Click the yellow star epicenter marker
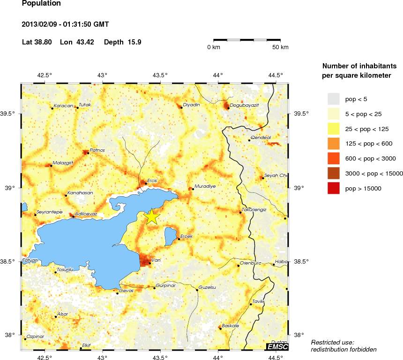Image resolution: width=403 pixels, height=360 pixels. click(x=152, y=216)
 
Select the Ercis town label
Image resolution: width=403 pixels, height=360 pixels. click(x=152, y=180)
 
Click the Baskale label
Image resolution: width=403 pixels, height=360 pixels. click(x=231, y=325)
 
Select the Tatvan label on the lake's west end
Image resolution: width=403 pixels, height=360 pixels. click(x=30, y=260)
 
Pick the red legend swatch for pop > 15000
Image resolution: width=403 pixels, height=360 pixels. click(x=333, y=188)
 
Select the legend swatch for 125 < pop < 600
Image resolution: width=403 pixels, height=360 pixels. click(x=333, y=144)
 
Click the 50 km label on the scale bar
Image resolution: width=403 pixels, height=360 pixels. click(x=281, y=47)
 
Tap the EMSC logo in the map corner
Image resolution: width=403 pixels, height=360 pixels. click(x=277, y=346)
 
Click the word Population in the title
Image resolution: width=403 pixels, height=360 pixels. click(x=41, y=3)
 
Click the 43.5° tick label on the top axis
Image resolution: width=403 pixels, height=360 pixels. click(x=160, y=75)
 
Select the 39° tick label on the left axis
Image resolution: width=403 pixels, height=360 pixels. click(x=10, y=188)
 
